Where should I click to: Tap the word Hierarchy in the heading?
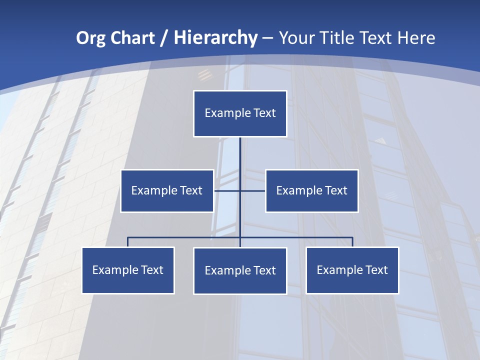coord(215,38)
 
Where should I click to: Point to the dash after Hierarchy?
coord(267,38)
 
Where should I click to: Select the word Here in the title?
coord(416,38)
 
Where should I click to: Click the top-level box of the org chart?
coord(240,113)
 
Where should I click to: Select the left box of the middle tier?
coord(167,190)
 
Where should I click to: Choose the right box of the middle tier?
coord(311,190)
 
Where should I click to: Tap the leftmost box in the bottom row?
coord(128,270)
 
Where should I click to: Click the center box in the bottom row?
coord(240,270)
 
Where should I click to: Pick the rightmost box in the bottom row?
coord(352,270)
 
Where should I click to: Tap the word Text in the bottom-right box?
coord(376,270)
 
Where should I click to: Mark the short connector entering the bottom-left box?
coord(128,242)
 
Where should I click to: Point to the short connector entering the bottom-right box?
coord(352,242)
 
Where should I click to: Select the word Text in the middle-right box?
coord(335,190)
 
